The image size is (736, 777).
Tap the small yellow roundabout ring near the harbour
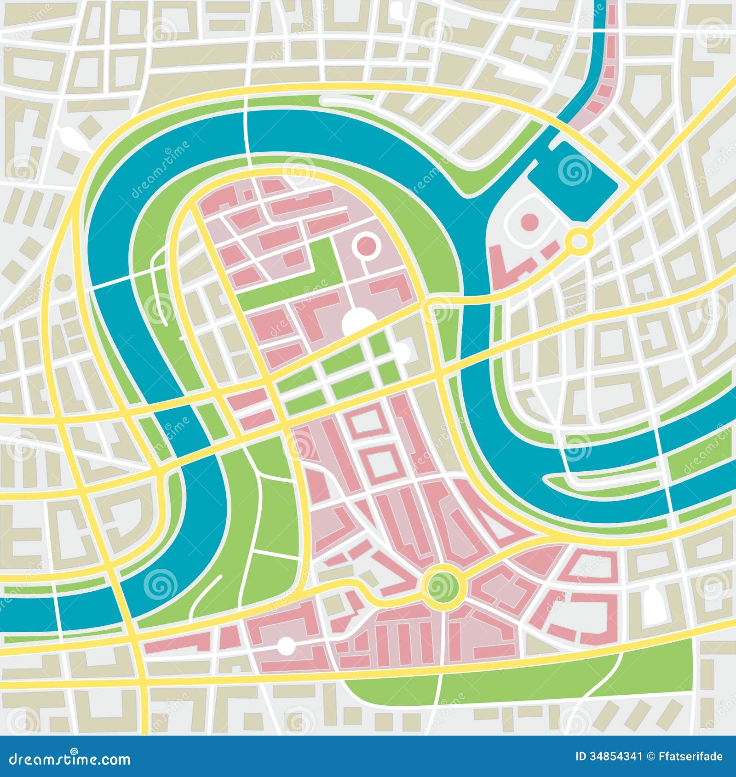coord(579,240)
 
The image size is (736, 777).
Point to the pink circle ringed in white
coord(367,246)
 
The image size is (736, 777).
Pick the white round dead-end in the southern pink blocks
coord(287,645)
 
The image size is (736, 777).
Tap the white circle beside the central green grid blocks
coord(402,350)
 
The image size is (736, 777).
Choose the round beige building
coord(63,282)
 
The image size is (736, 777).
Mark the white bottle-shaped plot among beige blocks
coord(652,604)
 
